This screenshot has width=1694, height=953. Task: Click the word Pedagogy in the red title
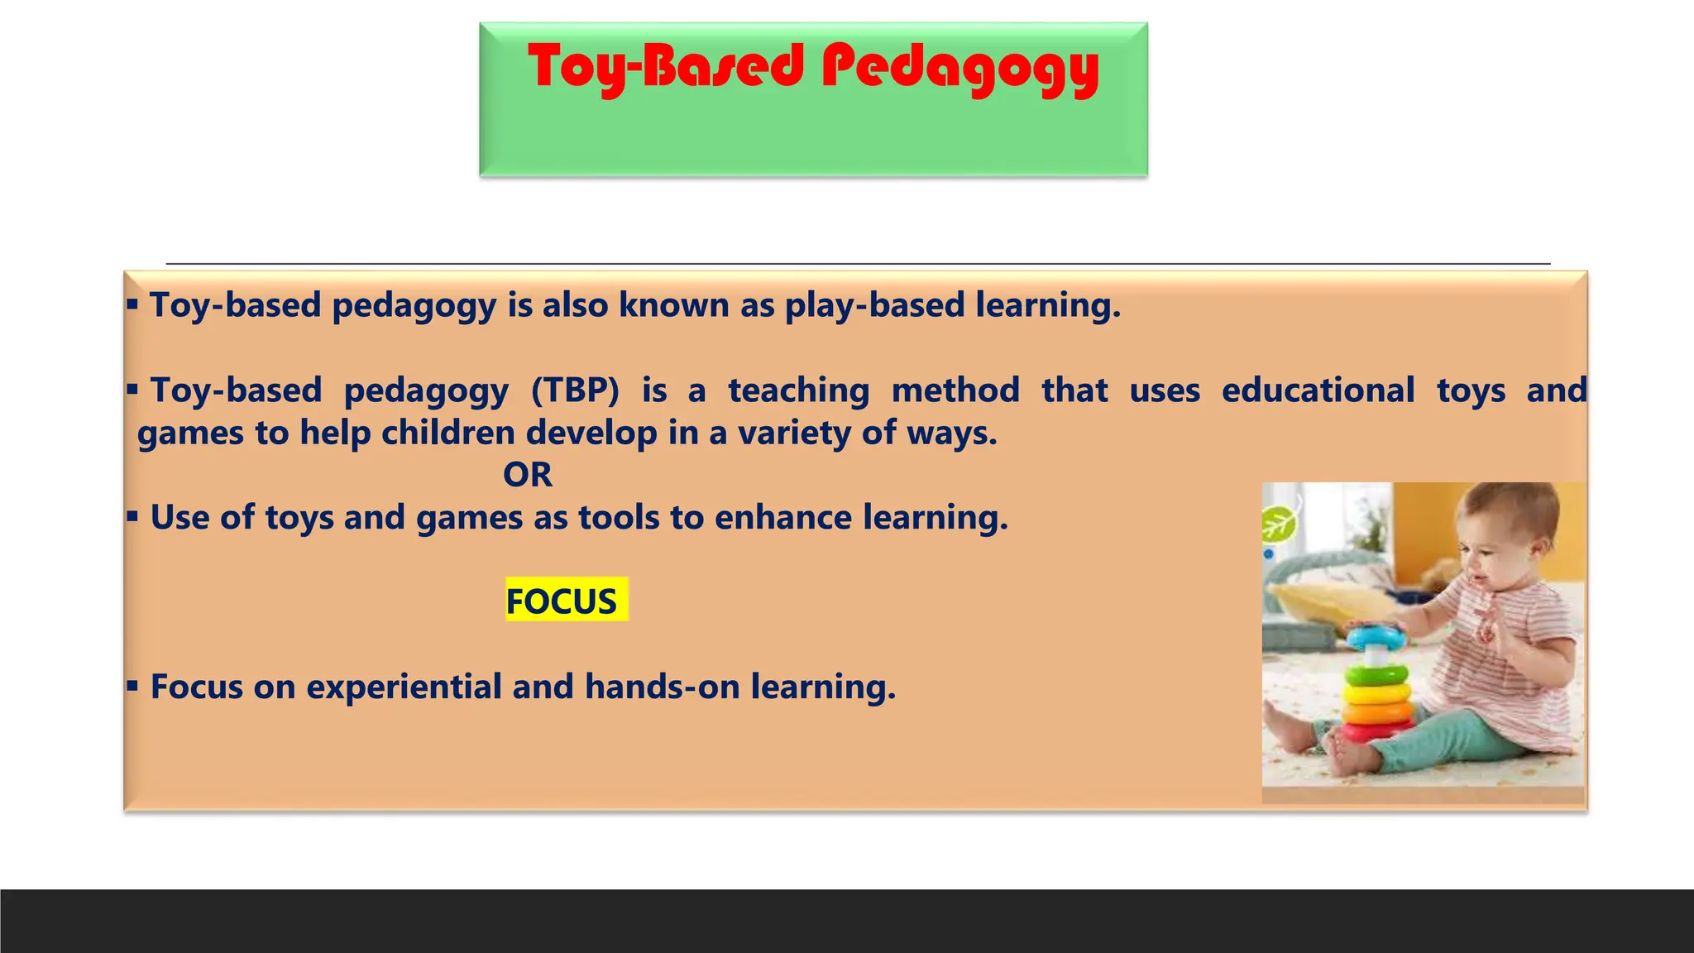click(x=959, y=68)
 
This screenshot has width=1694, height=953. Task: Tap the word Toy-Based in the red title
click(x=666, y=68)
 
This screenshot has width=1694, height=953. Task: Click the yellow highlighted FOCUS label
click(x=562, y=601)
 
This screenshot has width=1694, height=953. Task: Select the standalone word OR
click(x=528, y=475)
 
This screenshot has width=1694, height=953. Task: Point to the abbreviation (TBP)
click(x=575, y=390)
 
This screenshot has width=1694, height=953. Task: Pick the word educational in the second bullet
click(x=1318, y=390)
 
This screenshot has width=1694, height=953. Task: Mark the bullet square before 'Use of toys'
click(x=132, y=517)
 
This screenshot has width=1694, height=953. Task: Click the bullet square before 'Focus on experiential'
click(x=132, y=686)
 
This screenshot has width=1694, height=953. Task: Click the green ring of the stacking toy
click(x=1376, y=674)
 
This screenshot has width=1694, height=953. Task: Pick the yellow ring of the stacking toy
click(x=1377, y=692)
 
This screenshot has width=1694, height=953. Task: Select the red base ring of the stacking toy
click(x=1376, y=731)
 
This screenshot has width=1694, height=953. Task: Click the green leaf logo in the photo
click(x=1278, y=524)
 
